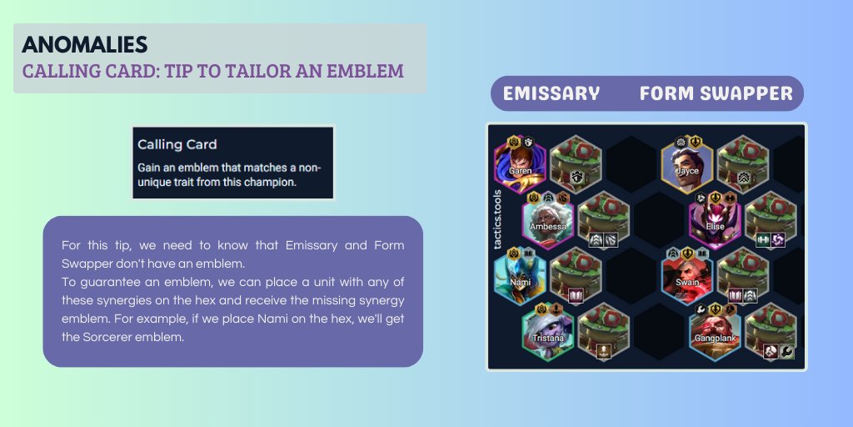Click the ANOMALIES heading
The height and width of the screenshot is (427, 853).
click(x=84, y=44)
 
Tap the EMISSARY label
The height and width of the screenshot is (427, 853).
click(x=551, y=93)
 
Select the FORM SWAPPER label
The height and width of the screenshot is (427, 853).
click(x=716, y=93)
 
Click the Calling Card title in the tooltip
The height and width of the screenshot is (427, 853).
click(x=177, y=144)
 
